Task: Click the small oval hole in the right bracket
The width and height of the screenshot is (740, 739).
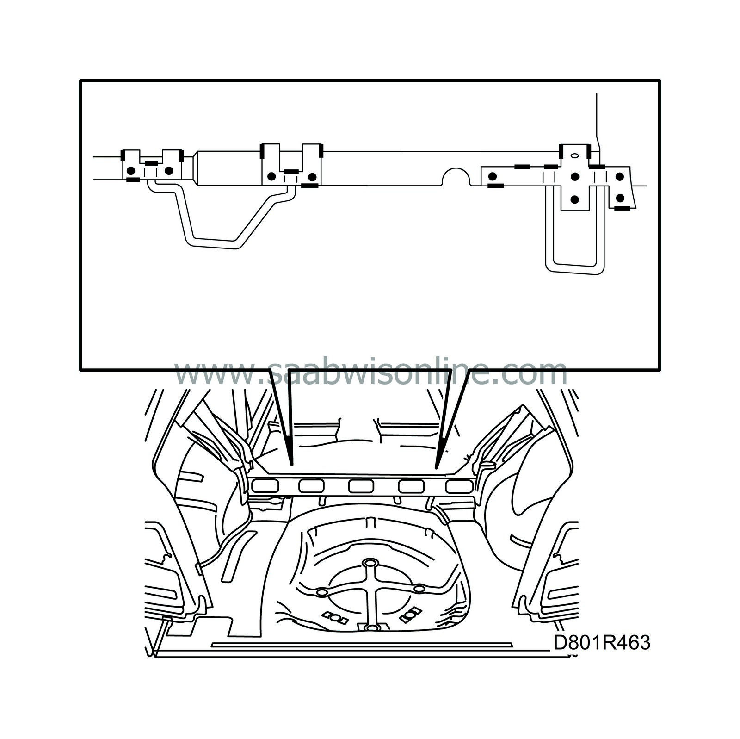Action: coord(575,155)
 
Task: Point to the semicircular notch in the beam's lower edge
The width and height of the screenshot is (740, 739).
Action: coord(456,178)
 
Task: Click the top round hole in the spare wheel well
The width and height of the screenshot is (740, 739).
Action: coord(369,563)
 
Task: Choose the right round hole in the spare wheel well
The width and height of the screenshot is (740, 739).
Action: coord(419,588)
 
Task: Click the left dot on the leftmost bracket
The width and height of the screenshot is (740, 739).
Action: coord(131,170)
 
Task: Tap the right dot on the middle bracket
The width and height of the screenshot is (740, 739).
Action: coord(312,176)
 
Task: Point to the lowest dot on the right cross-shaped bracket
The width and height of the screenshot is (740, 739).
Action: coord(575,199)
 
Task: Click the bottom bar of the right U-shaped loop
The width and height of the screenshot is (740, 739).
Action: coord(574,270)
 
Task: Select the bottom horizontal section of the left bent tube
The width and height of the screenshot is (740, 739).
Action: coord(213,244)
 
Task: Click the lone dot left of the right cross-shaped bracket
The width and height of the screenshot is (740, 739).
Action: coord(493,176)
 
